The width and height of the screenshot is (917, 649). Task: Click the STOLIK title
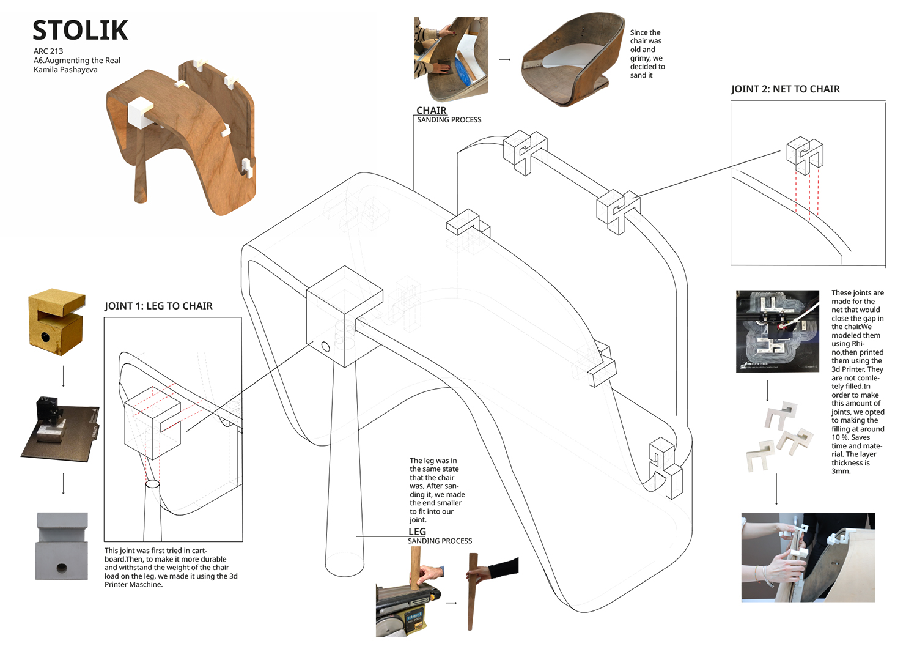pos(80,30)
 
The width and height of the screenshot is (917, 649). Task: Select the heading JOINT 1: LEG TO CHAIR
pos(158,306)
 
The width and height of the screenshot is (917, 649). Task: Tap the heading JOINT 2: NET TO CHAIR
pos(785,89)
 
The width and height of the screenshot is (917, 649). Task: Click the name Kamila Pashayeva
pos(65,70)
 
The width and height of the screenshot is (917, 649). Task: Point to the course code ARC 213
pos(48,51)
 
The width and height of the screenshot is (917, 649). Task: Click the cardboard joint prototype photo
pos(57,322)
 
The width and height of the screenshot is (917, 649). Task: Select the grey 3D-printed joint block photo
pos(62,546)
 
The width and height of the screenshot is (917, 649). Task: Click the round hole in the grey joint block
pos(62,568)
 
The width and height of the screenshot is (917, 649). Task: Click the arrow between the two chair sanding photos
pos(505,59)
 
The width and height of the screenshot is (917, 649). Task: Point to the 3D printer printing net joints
pos(777,331)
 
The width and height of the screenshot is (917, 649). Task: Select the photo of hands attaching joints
pos(808,557)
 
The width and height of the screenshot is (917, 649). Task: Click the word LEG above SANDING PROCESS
pos(417,532)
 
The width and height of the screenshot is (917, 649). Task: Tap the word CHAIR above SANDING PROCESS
pos(431,111)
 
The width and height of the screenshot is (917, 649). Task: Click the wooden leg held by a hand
pos(473,590)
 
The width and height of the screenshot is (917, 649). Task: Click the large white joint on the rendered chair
pos(140,113)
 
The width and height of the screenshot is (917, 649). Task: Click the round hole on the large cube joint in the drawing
pos(325,347)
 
